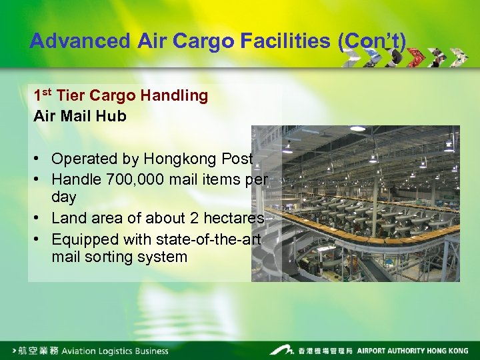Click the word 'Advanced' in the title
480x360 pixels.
(80, 41)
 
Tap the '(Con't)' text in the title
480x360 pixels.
(371, 41)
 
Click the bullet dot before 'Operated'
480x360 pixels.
(41, 159)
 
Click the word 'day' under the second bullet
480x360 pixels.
(63, 197)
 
